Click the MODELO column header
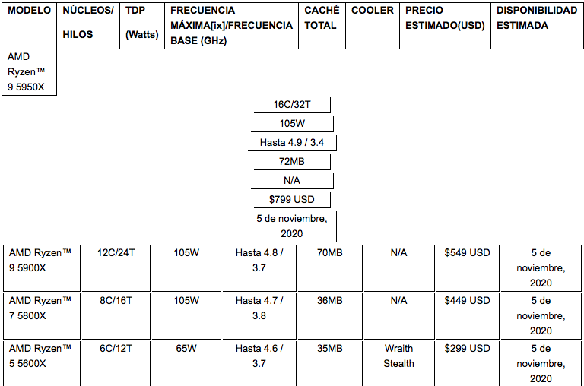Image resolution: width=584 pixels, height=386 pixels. (x=30, y=11)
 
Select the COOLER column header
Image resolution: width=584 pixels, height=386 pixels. (x=373, y=11)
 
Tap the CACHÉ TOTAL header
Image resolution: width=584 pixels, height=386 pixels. (x=322, y=18)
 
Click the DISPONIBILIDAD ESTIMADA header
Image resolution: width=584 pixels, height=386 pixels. (x=537, y=18)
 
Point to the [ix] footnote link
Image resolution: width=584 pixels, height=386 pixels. (x=218, y=26)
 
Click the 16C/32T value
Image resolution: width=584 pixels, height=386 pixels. (x=292, y=105)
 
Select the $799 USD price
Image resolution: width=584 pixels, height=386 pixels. (x=292, y=200)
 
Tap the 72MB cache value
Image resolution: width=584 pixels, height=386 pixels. (x=292, y=162)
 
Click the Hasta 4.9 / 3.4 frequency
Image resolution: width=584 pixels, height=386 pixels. (x=292, y=143)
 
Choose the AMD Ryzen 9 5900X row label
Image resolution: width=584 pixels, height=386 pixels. (x=40, y=260)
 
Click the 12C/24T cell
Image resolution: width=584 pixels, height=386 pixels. (x=116, y=253)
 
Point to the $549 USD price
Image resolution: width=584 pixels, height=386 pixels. (x=467, y=253)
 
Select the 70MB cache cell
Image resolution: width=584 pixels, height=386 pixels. (x=329, y=253)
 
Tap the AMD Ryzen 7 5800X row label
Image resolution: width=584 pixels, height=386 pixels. (x=40, y=308)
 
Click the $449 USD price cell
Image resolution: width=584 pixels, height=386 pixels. (x=467, y=301)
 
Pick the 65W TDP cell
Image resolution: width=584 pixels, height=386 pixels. (x=186, y=349)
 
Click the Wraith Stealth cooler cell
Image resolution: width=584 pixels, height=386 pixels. (x=398, y=356)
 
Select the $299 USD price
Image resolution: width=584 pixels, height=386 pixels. (x=467, y=349)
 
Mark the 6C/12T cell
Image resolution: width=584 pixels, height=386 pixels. (x=116, y=349)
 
